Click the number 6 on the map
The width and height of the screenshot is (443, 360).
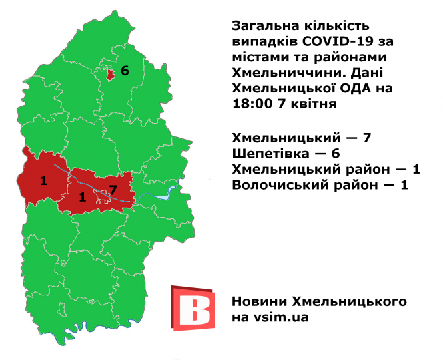(124, 70)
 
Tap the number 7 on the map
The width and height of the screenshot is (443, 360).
(113, 190)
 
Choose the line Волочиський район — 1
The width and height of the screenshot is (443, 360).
(319, 185)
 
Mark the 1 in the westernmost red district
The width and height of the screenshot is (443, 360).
(43, 180)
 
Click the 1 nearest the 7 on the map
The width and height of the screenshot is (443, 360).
(82, 196)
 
